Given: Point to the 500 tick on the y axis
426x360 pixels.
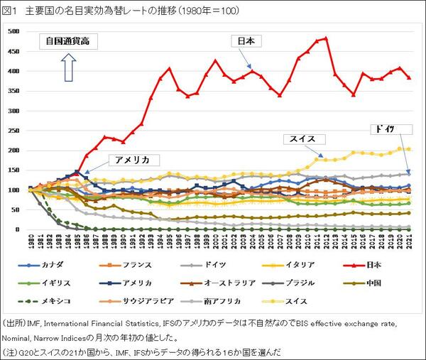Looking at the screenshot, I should pyautogui.click(x=15, y=31).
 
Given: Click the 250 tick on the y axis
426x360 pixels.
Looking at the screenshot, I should pyautogui.click(x=15, y=131).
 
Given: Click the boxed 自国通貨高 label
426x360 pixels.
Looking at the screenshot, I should pyautogui.click(x=68, y=42).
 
